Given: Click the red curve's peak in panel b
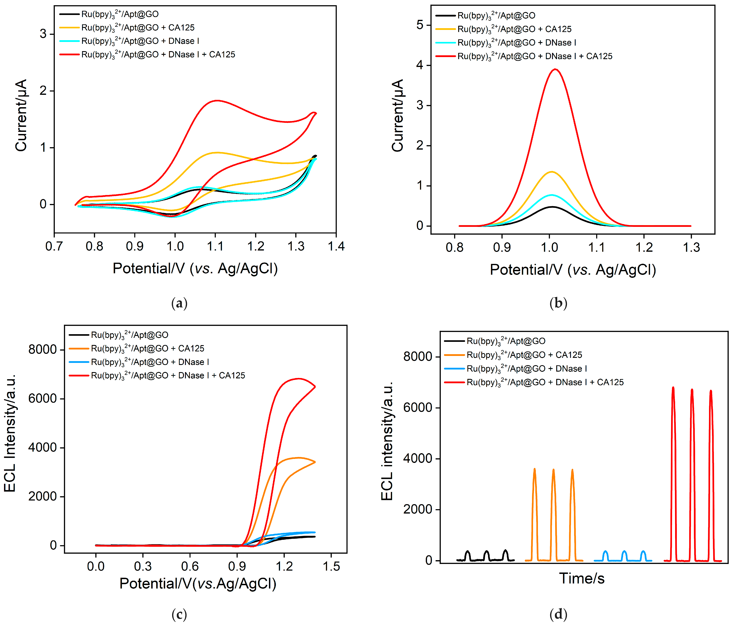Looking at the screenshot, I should click(555, 69).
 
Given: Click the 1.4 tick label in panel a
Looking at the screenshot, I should click(336, 246).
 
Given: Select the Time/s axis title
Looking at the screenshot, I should click(582, 578).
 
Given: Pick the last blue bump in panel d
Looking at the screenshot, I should click(643, 552).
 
